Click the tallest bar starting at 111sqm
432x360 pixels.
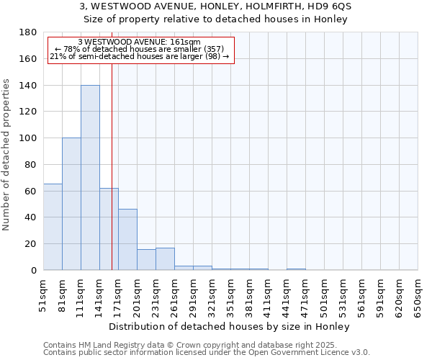90,178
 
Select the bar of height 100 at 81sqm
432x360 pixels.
71,204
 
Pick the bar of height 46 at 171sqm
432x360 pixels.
127,240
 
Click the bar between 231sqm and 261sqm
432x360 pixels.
165,259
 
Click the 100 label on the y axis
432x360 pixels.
28,138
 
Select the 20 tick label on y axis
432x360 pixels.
30,244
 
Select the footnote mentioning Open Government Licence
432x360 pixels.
207,352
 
